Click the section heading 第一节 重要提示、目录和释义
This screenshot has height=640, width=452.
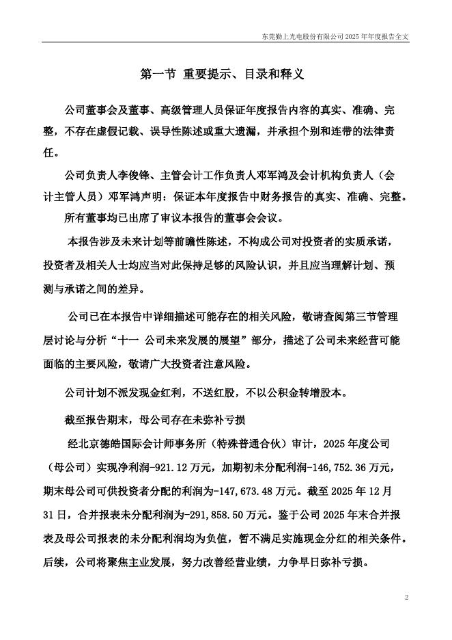click(x=221, y=74)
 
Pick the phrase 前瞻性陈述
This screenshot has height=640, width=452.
click(x=199, y=241)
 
